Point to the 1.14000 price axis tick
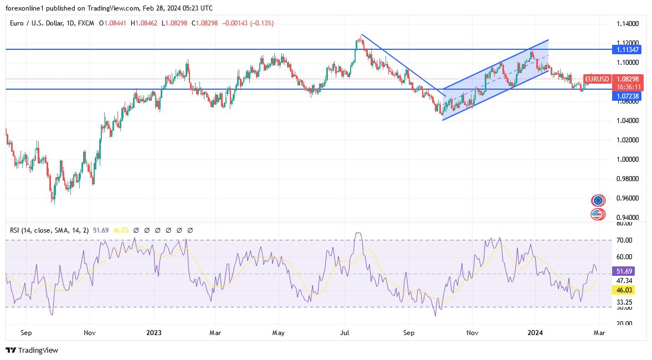[x=628, y=24]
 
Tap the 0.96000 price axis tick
[x=628, y=198]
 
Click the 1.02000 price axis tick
[x=628, y=140]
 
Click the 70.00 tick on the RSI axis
[x=625, y=240]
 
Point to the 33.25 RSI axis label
[x=625, y=302]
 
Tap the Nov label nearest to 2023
[x=90, y=333]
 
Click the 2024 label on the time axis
[x=535, y=333]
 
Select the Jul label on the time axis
[x=345, y=333]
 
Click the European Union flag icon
[x=598, y=200]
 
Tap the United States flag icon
[x=598, y=214]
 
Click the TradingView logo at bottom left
[x=32, y=350]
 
